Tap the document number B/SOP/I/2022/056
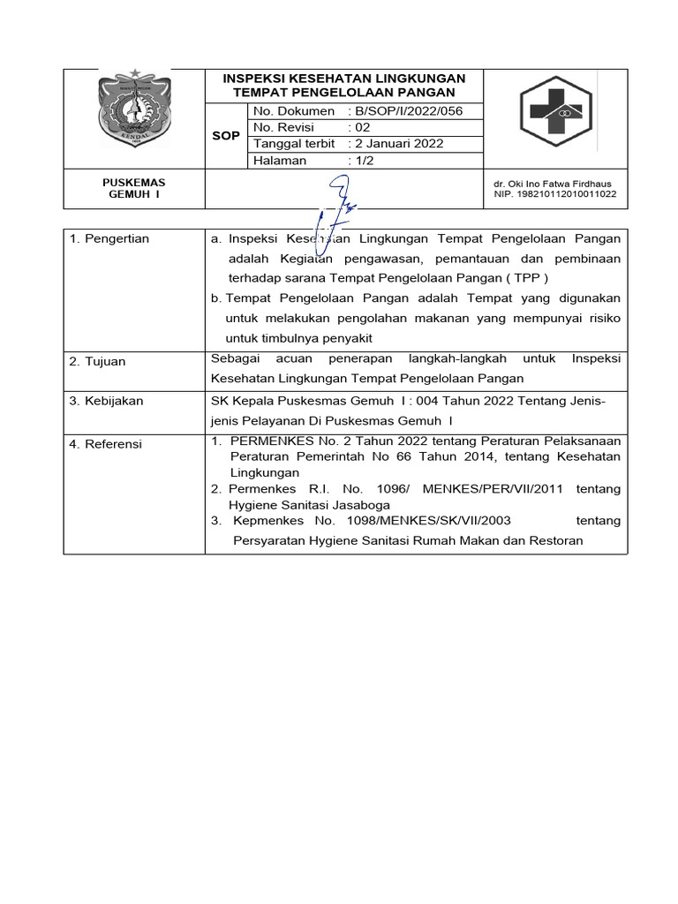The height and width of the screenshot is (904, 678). coord(407,111)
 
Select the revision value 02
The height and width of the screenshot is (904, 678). coord(362,127)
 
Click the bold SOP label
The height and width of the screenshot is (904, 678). coord(226,136)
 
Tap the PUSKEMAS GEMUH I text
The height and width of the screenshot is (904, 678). coord(133,188)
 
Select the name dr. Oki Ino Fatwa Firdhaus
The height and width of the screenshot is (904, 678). coord(553,184)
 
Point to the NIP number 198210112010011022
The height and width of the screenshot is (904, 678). coord(555,194)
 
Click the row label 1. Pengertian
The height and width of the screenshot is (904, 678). coord(109,239)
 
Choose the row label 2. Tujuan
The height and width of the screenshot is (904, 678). coord(97,361)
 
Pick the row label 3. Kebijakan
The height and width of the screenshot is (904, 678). coord(106,401)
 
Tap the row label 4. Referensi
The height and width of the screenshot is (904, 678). coord(105,444)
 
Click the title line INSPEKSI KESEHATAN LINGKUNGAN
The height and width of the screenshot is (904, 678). coord(343,78)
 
